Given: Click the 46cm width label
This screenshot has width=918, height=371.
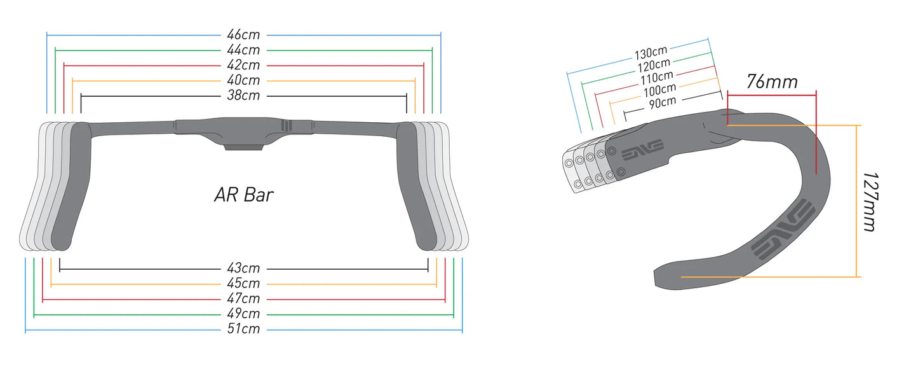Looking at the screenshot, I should click(x=243, y=34).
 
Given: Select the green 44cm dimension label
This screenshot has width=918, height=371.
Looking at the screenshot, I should click(x=243, y=50).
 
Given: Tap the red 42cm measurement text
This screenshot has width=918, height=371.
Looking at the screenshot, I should click(x=243, y=65).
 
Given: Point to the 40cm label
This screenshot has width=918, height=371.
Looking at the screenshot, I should click(x=243, y=80).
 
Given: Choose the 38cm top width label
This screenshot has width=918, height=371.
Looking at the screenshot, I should click(x=243, y=95).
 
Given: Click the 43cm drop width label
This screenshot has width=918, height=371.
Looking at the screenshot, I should click(x=243, y=269).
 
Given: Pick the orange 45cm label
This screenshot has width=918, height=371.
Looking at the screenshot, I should click(x=243, y=283).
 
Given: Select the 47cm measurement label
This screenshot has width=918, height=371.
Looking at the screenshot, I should click(x=243, y=298).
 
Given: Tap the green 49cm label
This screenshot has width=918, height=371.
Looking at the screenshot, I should click(x=243, y=314).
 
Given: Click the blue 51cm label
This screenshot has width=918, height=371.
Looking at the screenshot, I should click(x=243, y=329).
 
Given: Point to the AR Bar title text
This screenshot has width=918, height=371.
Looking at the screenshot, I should click(x=243, y=195).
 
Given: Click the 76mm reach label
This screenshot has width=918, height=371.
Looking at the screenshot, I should click(x=772, y=82).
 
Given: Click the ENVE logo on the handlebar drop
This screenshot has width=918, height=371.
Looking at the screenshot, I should click(x=783, y=230).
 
